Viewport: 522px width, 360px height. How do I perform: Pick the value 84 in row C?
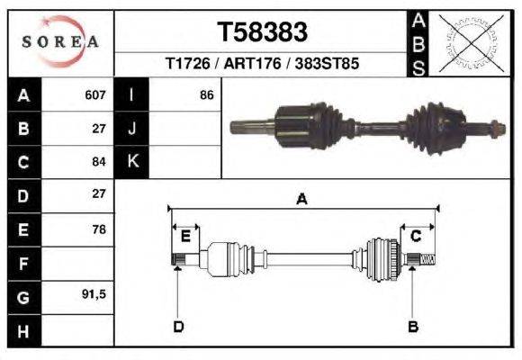click(x=99, y=162)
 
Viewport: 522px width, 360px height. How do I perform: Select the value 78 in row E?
click(x=99, y=229)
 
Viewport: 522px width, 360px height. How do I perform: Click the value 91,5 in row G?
click(x=94, y=295)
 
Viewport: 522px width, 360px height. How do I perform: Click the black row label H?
click(x=22, y=330)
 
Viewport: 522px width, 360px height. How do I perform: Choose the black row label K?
click(x=132, y=162)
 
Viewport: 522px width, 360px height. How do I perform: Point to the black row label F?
click(x=22, y=264)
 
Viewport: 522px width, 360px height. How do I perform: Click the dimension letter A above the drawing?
click(x=301, y=200)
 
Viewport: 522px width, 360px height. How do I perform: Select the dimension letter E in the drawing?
click(x=185, y=237)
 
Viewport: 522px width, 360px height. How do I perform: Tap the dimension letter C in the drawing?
click(x=416, y=237)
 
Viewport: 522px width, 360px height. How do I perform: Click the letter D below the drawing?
click(x=178, y=326)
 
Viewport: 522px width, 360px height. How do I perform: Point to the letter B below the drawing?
click(x=414, y=326)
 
